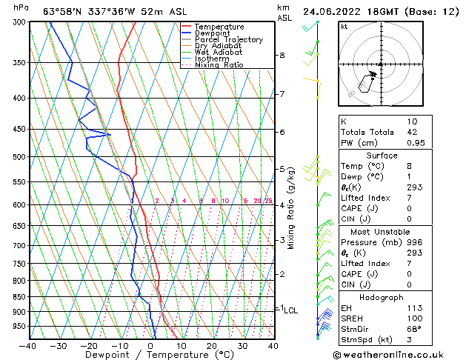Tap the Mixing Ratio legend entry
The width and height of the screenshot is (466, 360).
(x=219, y=65)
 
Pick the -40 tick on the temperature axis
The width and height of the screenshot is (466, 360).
(x=28, y=345)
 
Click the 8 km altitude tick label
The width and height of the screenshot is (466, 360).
(x=282, y=56)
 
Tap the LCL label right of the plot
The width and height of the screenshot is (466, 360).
(x=290, y=310)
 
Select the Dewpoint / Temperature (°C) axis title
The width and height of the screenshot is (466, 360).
(x=150, y=355)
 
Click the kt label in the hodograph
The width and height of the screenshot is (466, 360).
(x=344, y=26)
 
